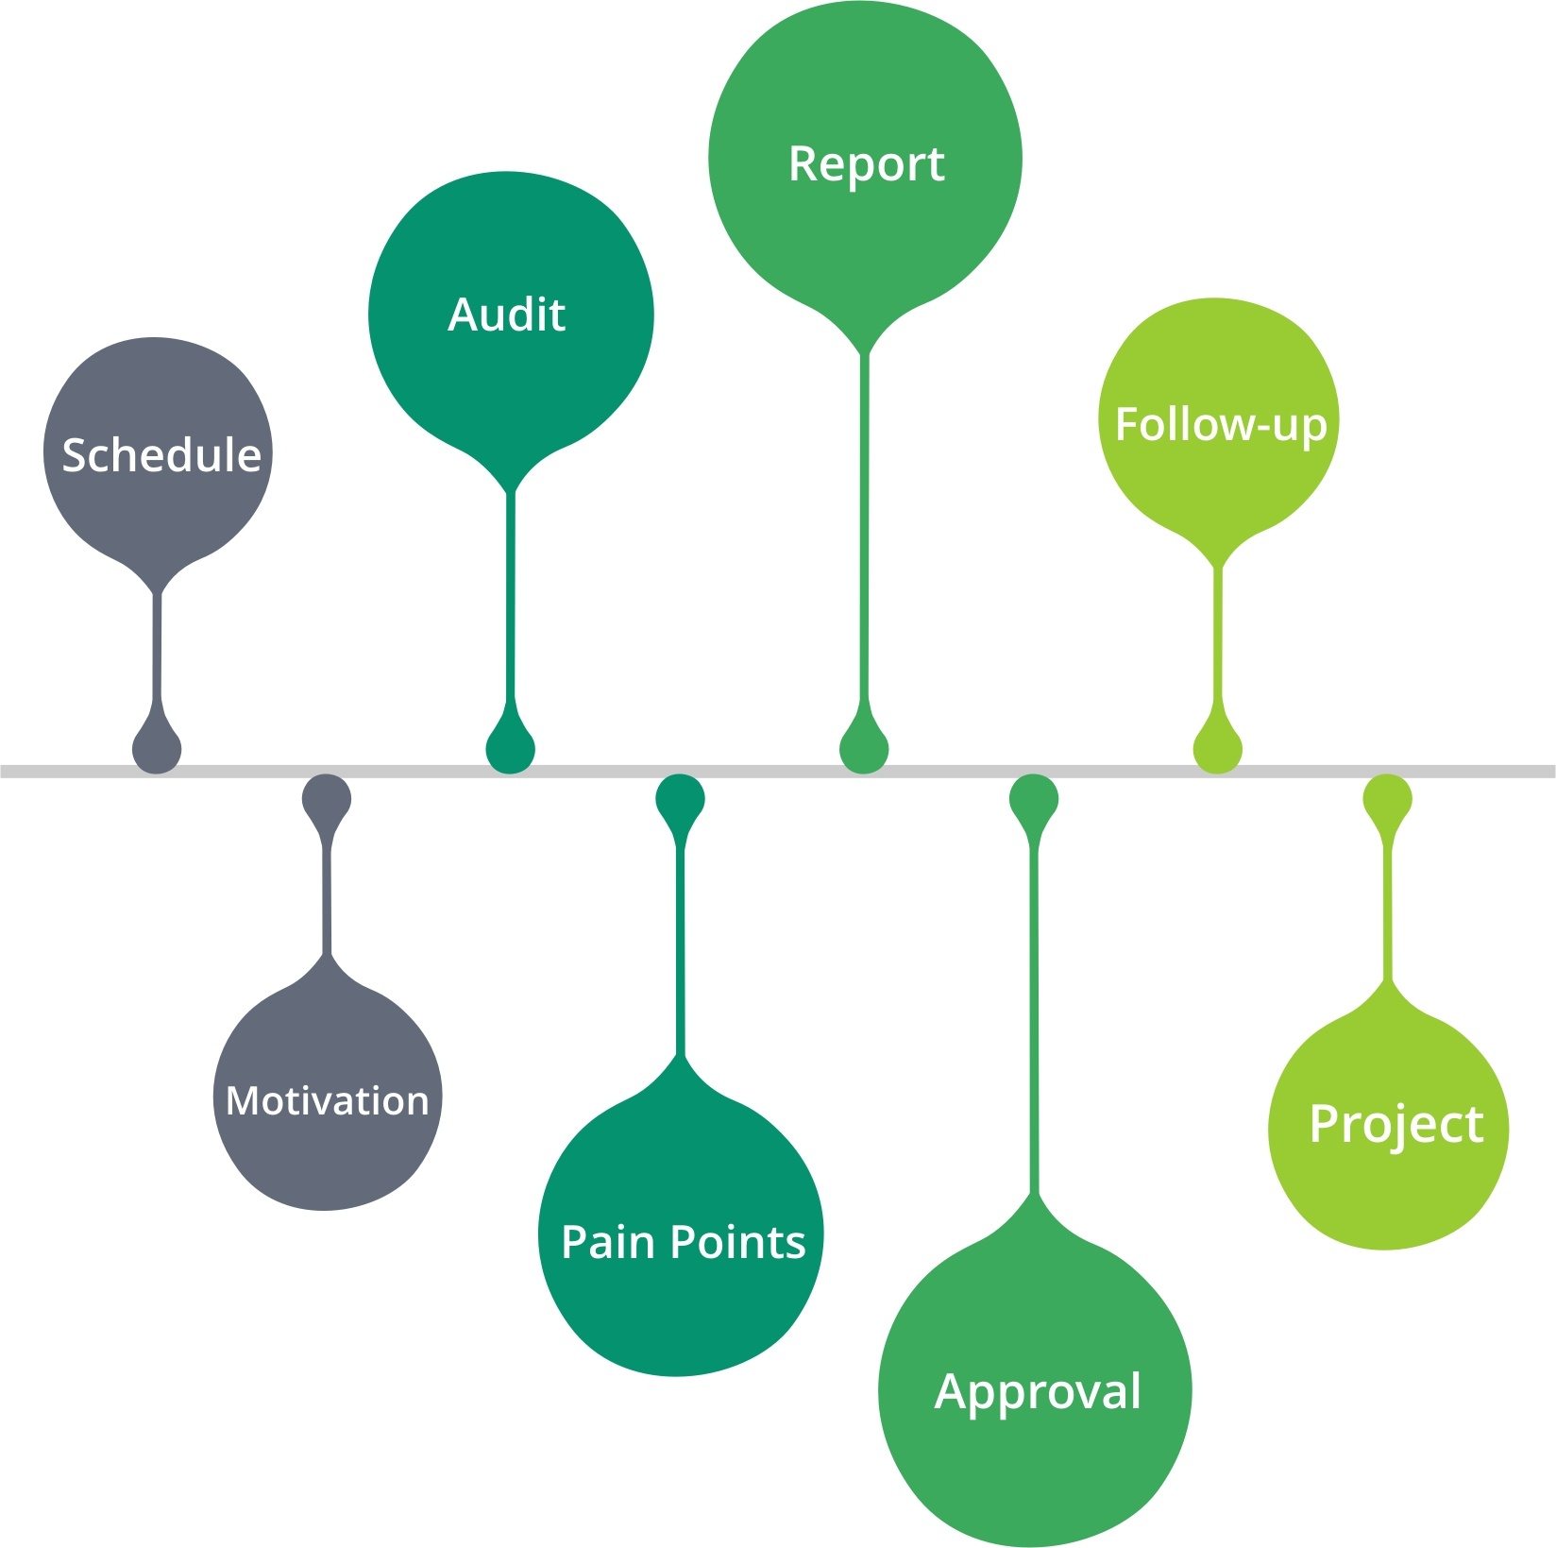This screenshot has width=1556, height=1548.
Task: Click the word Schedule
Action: [161, 455]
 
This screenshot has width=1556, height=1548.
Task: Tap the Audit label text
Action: [507, 315]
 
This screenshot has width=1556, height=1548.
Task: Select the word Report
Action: [866, 164]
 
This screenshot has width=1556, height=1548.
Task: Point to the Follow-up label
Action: [1221, 425]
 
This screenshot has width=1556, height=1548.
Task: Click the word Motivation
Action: [328, 1101]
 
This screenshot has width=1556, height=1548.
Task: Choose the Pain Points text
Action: [683, 1242]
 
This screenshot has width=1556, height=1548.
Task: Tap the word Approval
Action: [1038, 1391]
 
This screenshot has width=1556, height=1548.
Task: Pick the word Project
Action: [1396, 1124]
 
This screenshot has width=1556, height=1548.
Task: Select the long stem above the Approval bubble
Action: [1035, 1020]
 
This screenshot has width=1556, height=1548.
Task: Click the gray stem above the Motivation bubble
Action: [327, 897]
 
